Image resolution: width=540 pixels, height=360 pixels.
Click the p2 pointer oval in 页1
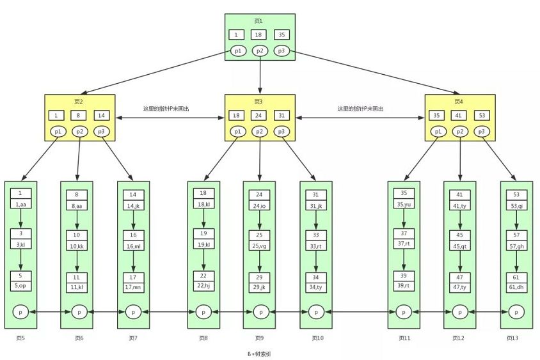point(259,51)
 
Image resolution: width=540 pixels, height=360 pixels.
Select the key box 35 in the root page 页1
point(282,35)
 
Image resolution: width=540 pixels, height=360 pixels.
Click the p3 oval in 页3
point(282,132)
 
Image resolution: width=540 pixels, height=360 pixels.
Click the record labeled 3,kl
point(20,245)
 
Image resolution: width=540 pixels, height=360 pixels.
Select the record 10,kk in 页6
point(77,245)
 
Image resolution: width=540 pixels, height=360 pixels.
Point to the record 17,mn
point(133,288)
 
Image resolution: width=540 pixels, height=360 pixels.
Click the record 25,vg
point(259,245)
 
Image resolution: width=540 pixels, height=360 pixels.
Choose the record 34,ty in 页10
point(316,288)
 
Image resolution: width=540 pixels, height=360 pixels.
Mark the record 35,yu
point(404,205)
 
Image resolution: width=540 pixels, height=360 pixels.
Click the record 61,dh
point(516,288)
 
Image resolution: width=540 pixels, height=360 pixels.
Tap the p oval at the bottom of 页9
point(260,312)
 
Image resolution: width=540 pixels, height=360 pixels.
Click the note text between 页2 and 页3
point(166,109)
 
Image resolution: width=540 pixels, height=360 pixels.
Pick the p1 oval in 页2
point(59,132)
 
